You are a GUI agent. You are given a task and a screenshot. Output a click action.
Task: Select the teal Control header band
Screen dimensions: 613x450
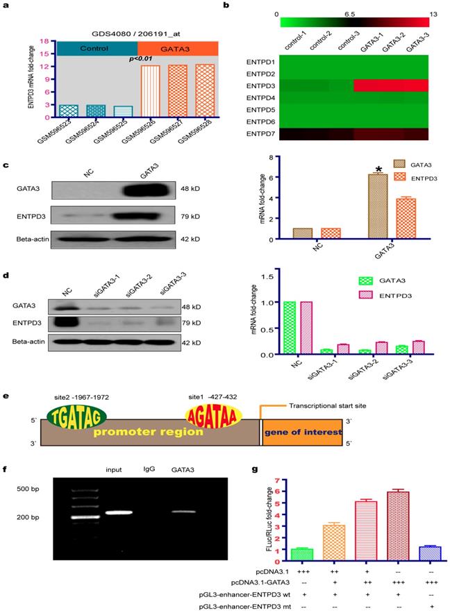click(x=97, y=49)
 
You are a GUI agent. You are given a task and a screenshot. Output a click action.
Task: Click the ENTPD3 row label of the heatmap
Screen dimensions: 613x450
click(x=261, y=85)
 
